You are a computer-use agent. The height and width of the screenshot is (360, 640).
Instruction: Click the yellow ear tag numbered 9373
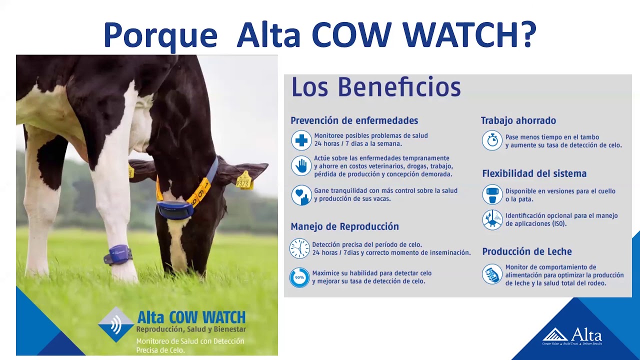[x=244, y=180]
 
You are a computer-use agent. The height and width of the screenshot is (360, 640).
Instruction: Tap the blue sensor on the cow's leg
[x=119, y=254]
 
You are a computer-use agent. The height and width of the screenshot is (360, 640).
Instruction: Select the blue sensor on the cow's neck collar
[x=174, y=209]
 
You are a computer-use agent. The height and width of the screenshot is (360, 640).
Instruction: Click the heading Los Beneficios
[x=375, y=87]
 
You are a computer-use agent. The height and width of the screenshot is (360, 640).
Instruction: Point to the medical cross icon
[x=301, y=140]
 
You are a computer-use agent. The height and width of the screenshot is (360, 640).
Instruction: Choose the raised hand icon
[x=301, y=166]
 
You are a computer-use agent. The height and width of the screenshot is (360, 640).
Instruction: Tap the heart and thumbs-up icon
[x=301, y=195]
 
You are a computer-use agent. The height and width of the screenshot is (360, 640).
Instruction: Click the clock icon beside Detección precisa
[x=299, y=248]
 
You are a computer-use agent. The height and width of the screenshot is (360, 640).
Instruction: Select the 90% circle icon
[x=299, y=277]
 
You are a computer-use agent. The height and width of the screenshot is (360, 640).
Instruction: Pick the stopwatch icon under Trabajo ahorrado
[x=492, y=140]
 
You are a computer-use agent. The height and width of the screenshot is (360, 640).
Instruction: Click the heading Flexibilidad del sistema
[x=534, y=173]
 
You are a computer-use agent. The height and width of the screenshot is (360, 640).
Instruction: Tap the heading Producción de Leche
[x=526, y=251]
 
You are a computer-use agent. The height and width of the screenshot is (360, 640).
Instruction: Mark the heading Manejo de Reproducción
[x=344, y=226]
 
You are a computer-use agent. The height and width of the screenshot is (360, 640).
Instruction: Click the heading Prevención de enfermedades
[x=354, y=120]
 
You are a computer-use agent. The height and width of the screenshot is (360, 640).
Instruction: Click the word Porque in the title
[x=160, y=35]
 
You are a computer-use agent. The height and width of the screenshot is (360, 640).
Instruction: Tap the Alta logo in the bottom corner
[x=572, y=335]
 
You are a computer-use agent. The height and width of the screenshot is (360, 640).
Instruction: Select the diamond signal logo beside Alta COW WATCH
[x=115, y=324]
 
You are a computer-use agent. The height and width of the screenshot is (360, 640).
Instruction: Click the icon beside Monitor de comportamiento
[x=492, y=274]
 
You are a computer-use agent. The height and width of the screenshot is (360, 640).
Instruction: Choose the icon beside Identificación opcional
[x=492, y=219]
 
